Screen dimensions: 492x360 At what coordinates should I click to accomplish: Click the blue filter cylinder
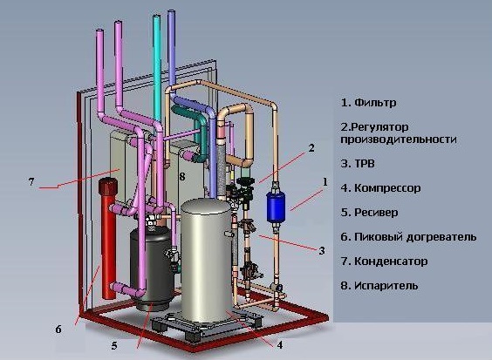276,207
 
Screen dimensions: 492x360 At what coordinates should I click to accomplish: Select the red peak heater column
108,238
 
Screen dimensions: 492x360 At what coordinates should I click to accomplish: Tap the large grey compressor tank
207,262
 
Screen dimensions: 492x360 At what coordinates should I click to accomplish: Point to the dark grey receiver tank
153,268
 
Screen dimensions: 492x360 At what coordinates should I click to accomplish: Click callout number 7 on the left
31,181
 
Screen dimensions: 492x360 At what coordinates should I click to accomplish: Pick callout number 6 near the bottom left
58,329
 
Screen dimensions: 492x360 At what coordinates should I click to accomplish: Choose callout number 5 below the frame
114,345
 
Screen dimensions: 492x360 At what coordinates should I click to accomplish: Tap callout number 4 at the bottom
279,345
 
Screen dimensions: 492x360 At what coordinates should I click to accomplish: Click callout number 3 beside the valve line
322,251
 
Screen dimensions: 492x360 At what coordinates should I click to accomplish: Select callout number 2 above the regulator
311,148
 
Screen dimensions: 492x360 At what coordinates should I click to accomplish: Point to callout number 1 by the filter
325,182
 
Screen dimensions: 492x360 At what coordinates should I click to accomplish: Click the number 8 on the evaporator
182,177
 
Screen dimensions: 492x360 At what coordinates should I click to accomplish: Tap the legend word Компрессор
387,188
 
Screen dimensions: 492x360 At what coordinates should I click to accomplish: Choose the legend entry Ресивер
376,213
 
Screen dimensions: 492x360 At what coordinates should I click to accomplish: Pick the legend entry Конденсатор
391,262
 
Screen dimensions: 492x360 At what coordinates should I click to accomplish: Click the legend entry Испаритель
386,286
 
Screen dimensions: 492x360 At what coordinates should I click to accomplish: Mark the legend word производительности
399,139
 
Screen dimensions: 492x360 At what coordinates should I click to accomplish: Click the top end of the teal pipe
156,16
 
